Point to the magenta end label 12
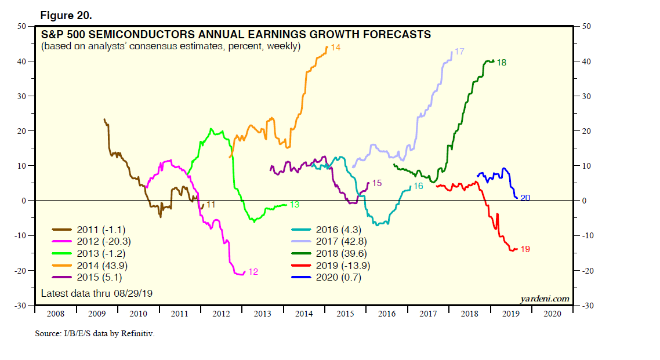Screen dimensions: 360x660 point(253,272)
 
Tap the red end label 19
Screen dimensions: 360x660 point(525,249)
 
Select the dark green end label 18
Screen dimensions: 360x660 point(502,62)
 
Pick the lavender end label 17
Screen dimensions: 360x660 point(459,52)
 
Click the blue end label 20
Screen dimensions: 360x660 point(525,198)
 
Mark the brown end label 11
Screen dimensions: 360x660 point(211,205)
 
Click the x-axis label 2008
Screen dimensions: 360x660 point(56,314)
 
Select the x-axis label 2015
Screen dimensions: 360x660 point(345,314)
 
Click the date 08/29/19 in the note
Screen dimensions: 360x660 point(135,293)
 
